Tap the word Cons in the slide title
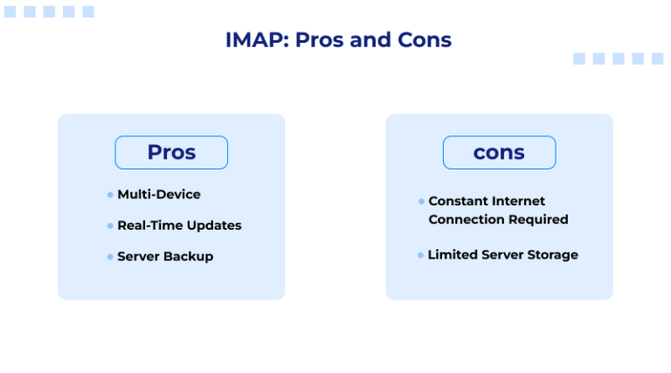(x=422, y=40)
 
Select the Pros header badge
(x=171, y=152)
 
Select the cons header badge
(x=499, y=152)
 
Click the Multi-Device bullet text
(x=159, y=194)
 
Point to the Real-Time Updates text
(x=179, y=225)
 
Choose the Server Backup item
(x=165, y=256)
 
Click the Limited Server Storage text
(x=502, y=255)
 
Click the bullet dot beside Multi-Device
(x=110, y=195)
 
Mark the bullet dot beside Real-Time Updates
(x=110, y=225)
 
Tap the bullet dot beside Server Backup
(x=110, y=257)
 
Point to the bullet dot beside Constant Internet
(x=421, y=202)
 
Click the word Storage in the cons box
(x=551, y=255)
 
